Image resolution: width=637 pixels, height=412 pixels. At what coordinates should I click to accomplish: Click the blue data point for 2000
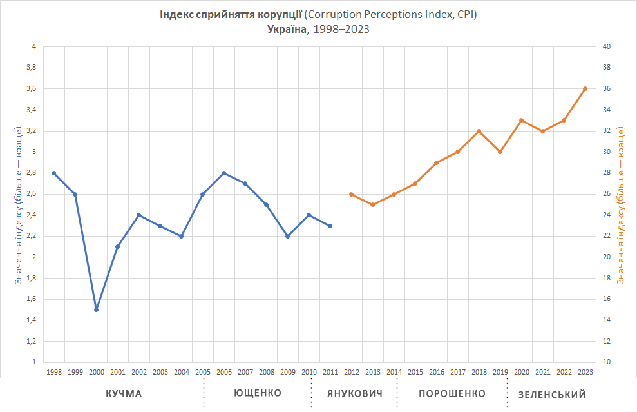coord(97,309)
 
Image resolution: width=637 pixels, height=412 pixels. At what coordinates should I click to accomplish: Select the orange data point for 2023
coord(585,88)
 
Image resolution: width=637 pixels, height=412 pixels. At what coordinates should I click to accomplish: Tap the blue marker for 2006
coord(223,173)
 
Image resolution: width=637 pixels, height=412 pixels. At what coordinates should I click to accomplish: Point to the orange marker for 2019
coord(500,152)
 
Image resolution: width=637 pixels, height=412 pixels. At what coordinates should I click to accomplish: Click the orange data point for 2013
coord(372,204)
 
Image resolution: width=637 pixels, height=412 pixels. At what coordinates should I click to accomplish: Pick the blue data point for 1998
coord(54,173)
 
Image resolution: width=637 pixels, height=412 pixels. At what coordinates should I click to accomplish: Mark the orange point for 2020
coord(521,121)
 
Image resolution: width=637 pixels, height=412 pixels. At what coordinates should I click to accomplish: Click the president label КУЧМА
coord(124,394)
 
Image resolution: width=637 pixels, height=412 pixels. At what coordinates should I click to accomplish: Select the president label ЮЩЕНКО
coord(257,393)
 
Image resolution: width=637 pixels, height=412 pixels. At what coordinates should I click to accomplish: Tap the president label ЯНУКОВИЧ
coord(355,394)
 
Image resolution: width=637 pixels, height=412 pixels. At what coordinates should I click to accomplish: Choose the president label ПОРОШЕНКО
coord(452,393)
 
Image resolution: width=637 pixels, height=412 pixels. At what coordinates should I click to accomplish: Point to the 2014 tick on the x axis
coord(394,372)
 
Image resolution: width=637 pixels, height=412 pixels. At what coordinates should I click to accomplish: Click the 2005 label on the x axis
coord(203,372)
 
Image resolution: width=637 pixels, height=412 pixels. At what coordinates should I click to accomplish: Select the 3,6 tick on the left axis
coord(30,89)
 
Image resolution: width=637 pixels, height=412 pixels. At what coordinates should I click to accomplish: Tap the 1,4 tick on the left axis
coord(30,320)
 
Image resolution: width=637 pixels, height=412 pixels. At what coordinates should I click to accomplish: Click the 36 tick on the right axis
coord(606,89)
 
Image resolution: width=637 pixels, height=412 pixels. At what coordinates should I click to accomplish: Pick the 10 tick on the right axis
coord(606,362)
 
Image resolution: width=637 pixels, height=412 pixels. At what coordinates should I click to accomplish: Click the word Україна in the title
coord(288,30)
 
